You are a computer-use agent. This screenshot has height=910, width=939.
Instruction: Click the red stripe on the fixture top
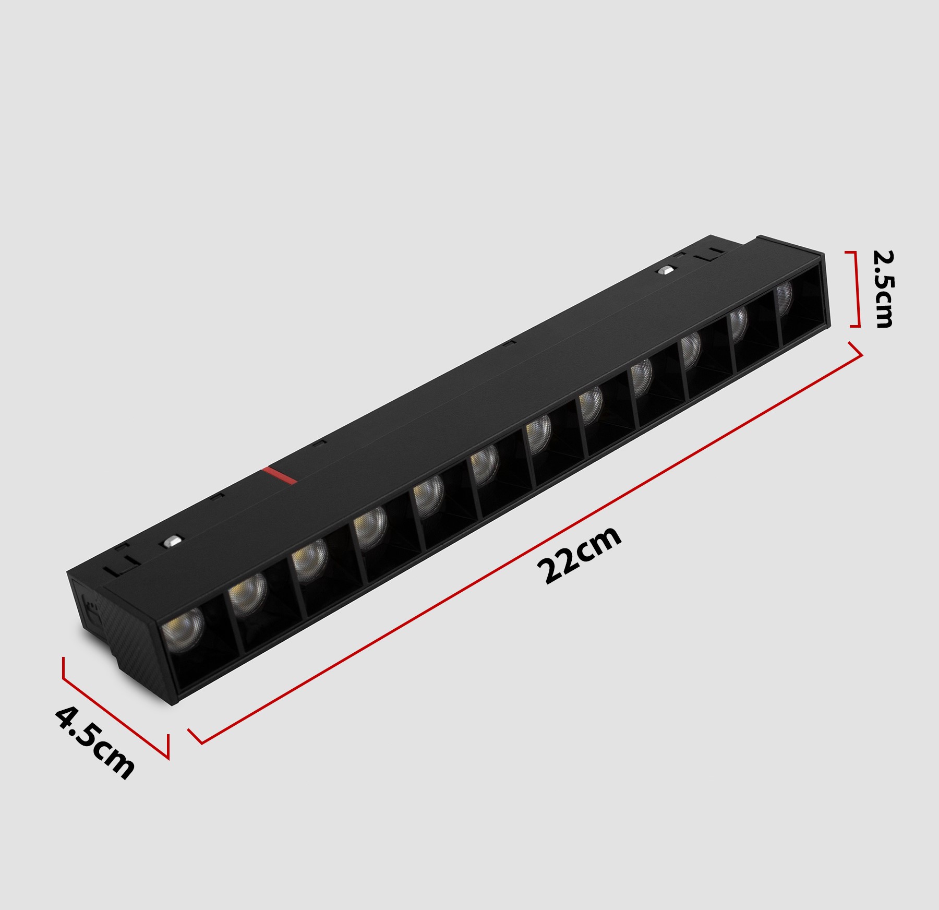pos(279,475)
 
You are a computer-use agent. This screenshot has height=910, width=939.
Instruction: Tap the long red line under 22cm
pos(525,543)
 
